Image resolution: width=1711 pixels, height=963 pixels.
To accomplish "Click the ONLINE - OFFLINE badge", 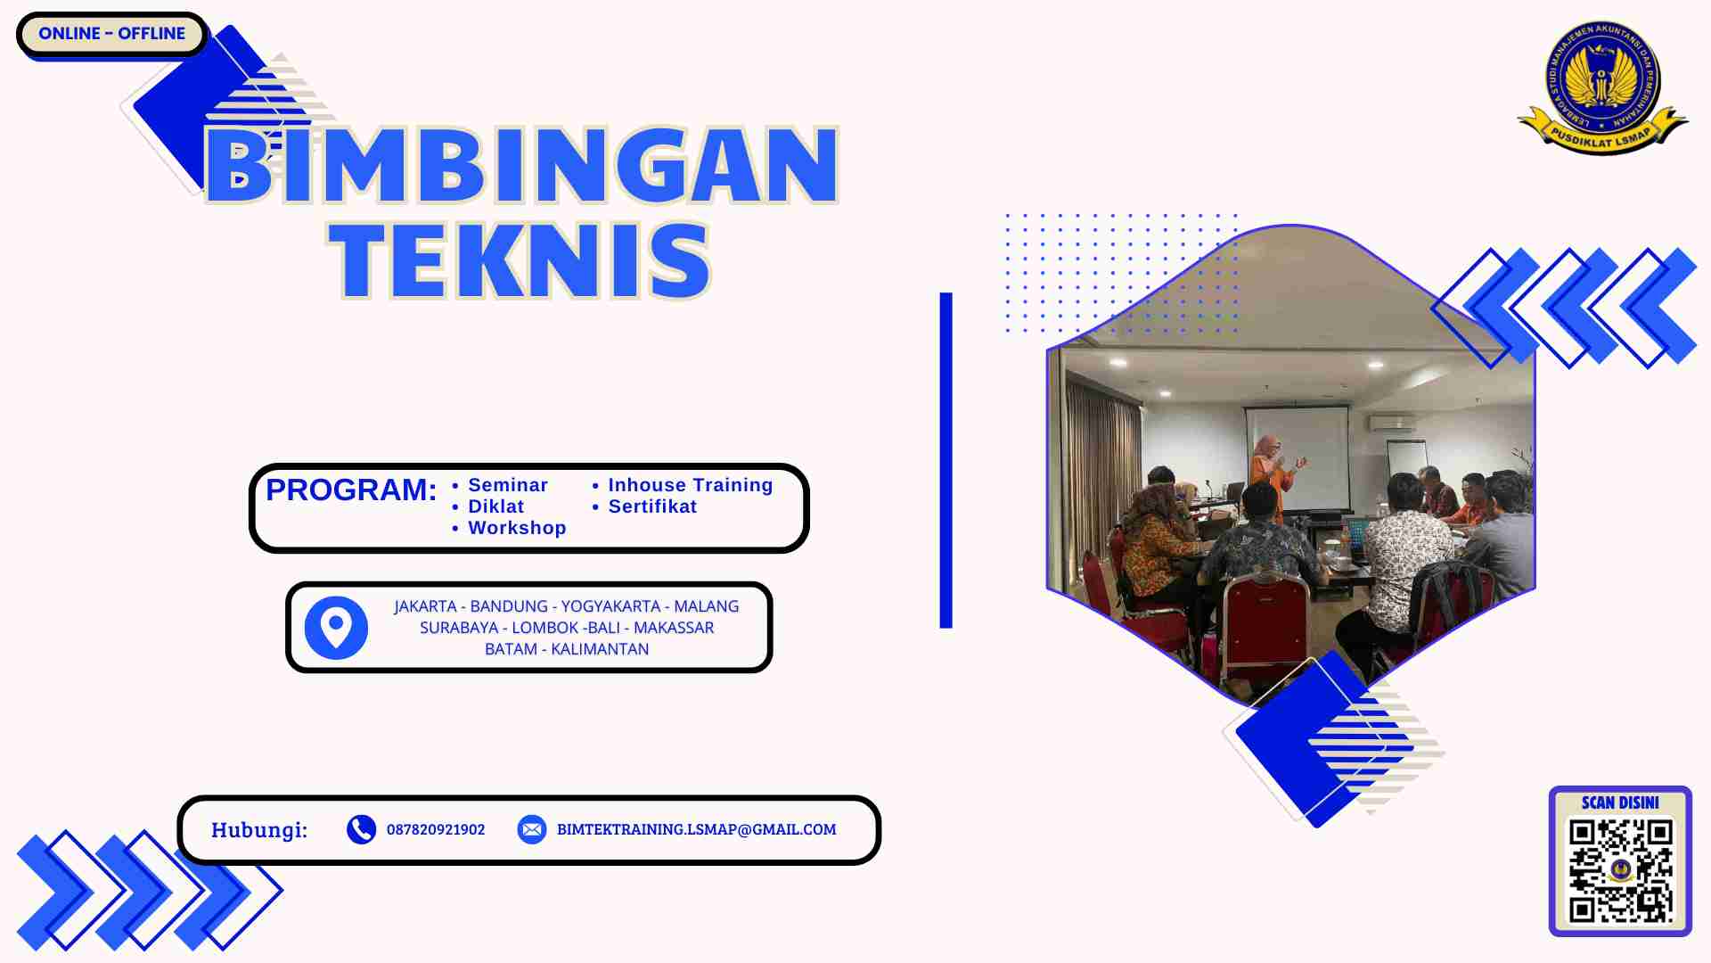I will click(x=111, y=34).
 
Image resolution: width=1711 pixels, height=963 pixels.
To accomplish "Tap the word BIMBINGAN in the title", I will click(x=522, y=166).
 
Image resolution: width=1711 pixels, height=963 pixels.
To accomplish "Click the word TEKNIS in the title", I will click(x=520, y=260).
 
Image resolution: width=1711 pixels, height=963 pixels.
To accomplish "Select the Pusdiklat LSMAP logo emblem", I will click(x=1602, y=87).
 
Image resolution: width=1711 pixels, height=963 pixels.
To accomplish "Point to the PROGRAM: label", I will click(x=351, y=490).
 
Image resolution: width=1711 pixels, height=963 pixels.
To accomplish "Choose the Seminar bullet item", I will click(x=507, y=485).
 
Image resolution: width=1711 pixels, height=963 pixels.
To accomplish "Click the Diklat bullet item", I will click(x=495, y=506).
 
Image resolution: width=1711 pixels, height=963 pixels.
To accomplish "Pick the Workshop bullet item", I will click(x=517, y=528).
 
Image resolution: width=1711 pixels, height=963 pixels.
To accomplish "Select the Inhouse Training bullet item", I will click(x=690, y=485).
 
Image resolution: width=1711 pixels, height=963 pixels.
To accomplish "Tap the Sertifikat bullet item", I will click(x=651, y=506).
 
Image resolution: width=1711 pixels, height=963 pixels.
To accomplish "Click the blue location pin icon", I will click(x=336, y=628).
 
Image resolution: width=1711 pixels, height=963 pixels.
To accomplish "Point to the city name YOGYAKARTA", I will click(x=610, y=606).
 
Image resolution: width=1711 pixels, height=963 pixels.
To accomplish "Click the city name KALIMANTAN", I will click(x=600, y=649).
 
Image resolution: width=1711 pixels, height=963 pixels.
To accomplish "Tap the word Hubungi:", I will click(x=259, y=830).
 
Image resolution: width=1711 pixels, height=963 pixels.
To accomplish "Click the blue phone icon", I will click(x=361, y=829).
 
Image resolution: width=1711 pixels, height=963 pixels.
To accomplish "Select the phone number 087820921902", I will click(x=436, y=829).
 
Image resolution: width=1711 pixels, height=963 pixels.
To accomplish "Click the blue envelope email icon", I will click(x=532, y=829).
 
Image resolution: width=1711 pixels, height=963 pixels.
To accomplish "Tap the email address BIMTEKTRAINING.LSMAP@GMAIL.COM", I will click(x=696, y=829).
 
